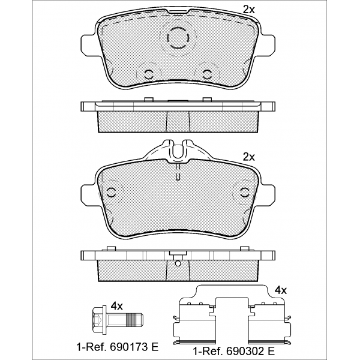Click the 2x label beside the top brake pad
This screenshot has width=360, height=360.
tap(249, 10)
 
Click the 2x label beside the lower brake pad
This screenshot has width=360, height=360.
tap(249, 157)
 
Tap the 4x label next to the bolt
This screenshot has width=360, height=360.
tap(117, 306)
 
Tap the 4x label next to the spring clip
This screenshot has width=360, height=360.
tap(281, 290)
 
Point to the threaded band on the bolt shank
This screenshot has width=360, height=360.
tap(132, 320)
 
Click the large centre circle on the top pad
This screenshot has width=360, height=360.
tap(178, 37)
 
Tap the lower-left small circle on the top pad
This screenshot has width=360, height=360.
tap(149, 74)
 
